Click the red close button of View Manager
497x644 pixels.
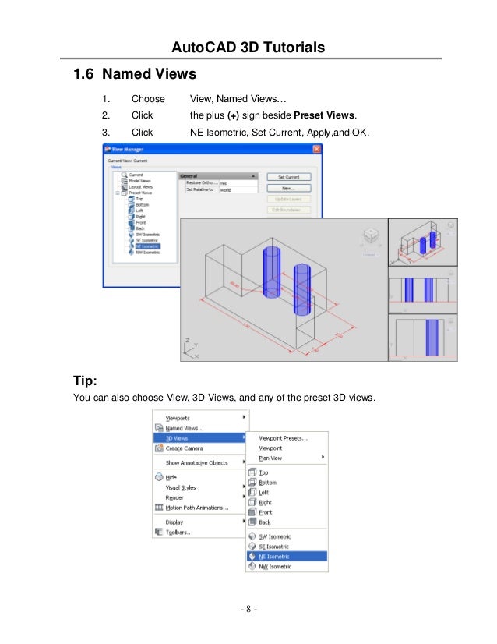pyautogui.click(x=316, y=148)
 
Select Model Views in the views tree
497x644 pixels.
pyautogui.click(x=141, y=181)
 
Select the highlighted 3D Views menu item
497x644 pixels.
pyautogui.click(x=179, y=438)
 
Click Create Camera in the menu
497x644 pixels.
pyautogui.click(x=185, y=448)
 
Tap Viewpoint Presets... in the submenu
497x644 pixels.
pyautogui.click(x=283, y=438)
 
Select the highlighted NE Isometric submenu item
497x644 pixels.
pyautogui.click(x=274, y=557)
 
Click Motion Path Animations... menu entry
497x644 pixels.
pyautogui.click(x=196, y=508)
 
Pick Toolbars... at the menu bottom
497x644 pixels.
pyautogui.click(x=179, y=533)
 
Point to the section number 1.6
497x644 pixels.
pyautogui.click(x=83, y=75)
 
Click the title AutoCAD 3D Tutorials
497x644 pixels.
pyautogui.click(x=248, y=48)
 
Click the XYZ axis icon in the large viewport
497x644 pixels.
pyautogui.click(x=192, y=348)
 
